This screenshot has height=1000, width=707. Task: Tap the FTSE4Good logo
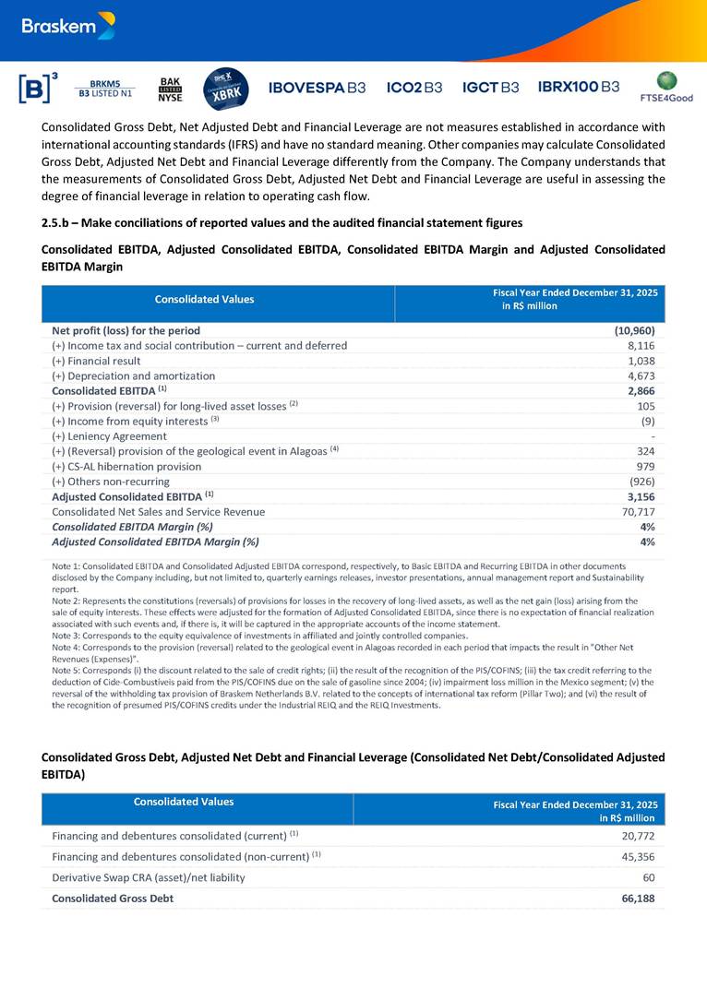tap(665, 87)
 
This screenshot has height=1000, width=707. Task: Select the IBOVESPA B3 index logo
tap(317, 88)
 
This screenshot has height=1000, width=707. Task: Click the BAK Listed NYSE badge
tap(171, 89)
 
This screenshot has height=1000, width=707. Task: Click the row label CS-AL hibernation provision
tap(126, 466)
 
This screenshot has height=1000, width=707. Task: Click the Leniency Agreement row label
tap(109, 435)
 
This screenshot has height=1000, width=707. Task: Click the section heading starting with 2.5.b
tap(282, 222)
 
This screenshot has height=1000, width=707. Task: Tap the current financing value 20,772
tap(636, 836)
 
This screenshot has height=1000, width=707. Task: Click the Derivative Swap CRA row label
tap(149, 877)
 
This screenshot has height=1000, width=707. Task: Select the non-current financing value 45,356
tap(636, 856)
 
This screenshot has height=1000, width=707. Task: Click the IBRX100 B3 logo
tap(579, 88)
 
